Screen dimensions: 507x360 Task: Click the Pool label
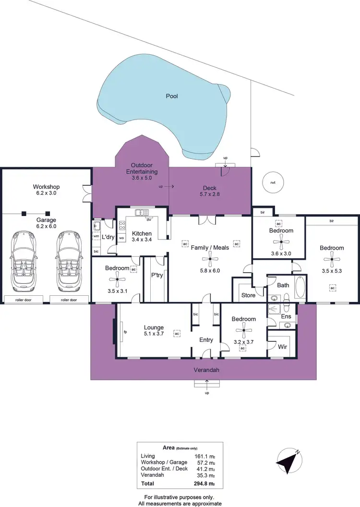pos(172,96)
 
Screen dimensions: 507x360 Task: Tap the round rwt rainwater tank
pos(273,182)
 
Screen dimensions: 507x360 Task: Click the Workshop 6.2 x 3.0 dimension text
pos(46,193)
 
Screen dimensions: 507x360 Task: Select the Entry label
pos(206,340)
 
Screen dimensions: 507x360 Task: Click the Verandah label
pos(207,370)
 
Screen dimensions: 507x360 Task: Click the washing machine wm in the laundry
pos(96,236)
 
